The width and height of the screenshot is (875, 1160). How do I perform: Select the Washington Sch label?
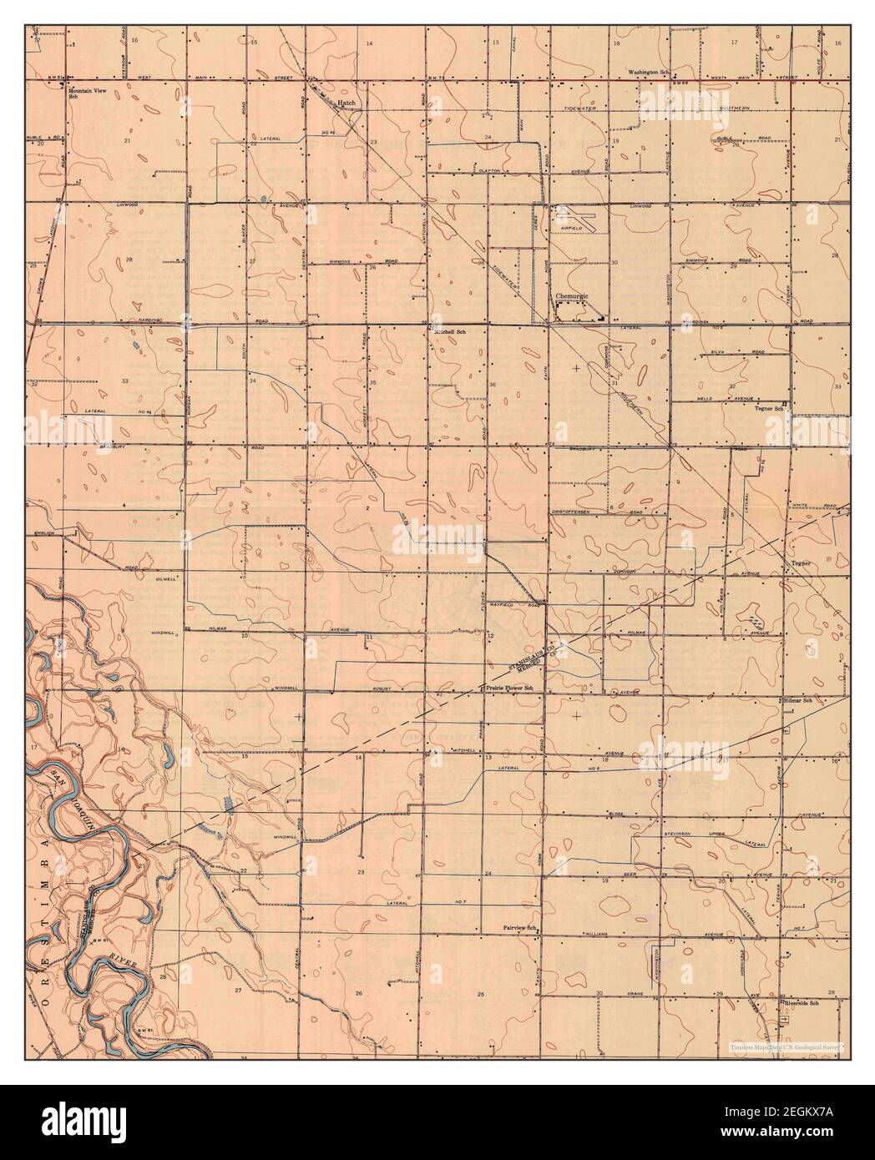click(650, 73)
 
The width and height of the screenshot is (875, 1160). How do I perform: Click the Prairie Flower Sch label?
click(510, 688)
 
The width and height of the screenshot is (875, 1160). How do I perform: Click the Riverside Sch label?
click(800, 1005)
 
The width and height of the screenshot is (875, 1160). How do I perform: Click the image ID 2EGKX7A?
click(817, 1130)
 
